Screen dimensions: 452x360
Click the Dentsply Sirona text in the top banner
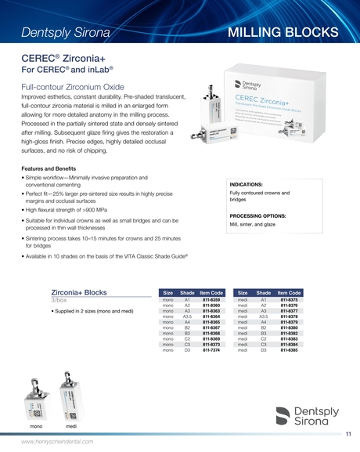[66, 32]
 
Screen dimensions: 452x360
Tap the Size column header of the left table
[167, 292]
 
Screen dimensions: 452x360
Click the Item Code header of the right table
[289, 292]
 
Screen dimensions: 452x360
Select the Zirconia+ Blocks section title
[78, 292]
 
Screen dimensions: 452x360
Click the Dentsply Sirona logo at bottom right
[310, 415]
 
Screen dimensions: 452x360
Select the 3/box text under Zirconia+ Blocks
[59, 301]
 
